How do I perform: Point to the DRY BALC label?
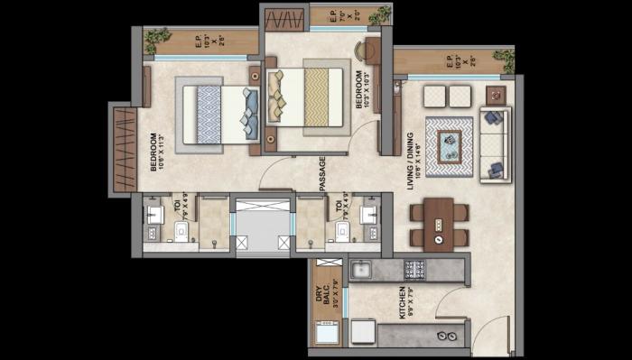point(327,294)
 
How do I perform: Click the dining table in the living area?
point(438,224)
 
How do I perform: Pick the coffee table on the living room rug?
point(449,145)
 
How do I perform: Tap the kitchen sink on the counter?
point(360,269)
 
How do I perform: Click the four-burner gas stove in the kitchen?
point(414,268)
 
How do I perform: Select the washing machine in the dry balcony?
point(327,333)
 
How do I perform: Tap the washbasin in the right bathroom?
point(367,215)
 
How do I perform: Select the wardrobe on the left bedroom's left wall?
point(124,149)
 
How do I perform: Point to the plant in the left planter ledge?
point(158,36)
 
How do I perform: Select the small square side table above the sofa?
point(496,95)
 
